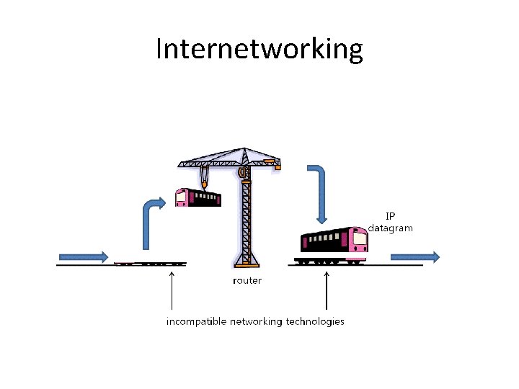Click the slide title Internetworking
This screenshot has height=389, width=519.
(259, 49)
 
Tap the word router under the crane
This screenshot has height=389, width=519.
(247, 280)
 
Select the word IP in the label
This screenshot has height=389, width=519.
(390, 215)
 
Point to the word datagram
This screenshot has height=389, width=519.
(390, 228)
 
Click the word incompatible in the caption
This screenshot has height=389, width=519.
(197, 321)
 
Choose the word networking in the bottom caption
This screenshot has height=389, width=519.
(256, 321)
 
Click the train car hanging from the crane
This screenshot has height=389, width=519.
(198, 197)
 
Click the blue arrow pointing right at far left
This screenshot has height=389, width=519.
(84, 256)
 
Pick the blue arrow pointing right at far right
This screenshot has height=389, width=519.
(415, 256)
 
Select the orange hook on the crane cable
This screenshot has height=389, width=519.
(205, 184)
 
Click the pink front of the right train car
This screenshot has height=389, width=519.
(358, 241)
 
